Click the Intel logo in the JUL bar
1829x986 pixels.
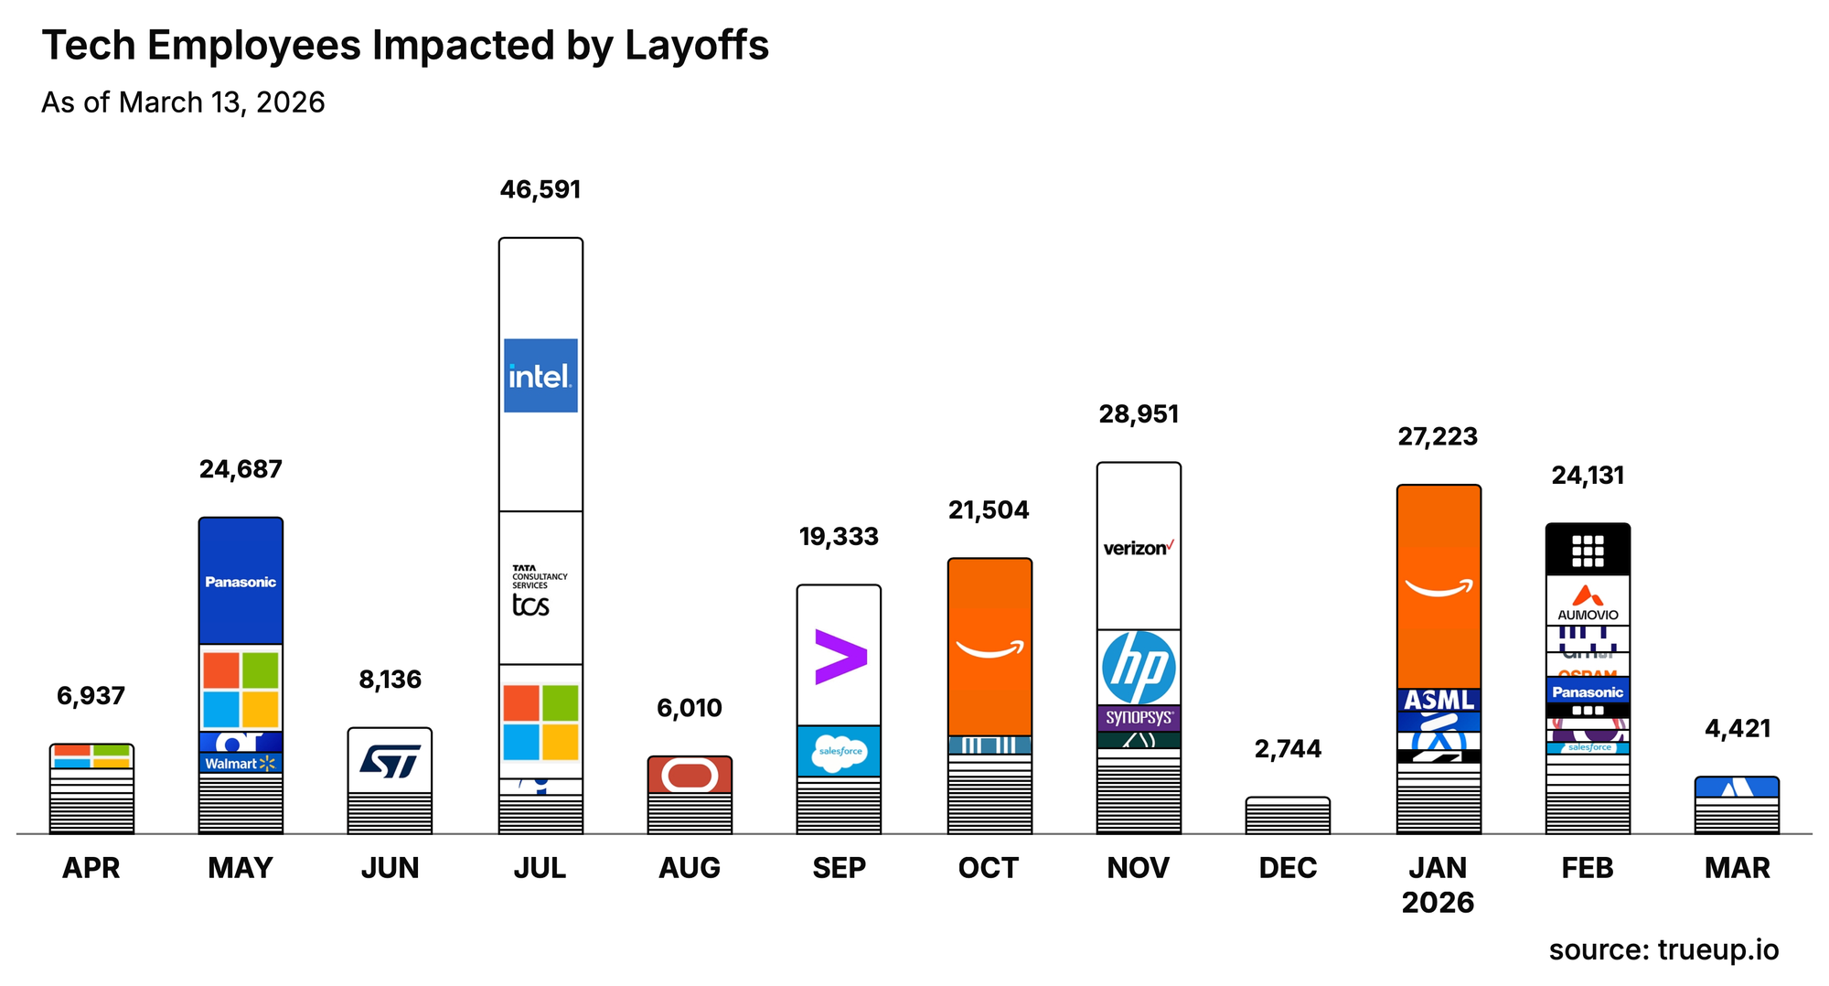coord(540,375)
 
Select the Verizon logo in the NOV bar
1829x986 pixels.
coord(1139,548)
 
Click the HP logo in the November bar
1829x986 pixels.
coord(1139,668)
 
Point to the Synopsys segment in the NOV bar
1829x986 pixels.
coord(1139,717)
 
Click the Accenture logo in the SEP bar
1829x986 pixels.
coord(840,657)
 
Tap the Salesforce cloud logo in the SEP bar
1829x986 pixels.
coord(840,752)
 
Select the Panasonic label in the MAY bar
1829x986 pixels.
coord(241,582)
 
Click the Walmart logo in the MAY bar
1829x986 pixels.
coord(240,763)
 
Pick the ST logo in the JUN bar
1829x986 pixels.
coord(390,761)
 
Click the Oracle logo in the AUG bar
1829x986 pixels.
coord(690,776)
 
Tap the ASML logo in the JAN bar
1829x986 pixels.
coord(1439,701)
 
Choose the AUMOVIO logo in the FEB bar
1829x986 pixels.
coord(1588,603)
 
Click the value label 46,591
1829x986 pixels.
coord(540,190)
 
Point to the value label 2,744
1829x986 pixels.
coord(1288,749)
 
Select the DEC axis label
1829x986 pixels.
coord(1288,867)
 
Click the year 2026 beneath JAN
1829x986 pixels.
coord(1438,903)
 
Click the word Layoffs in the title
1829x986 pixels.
coord(697,46)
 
